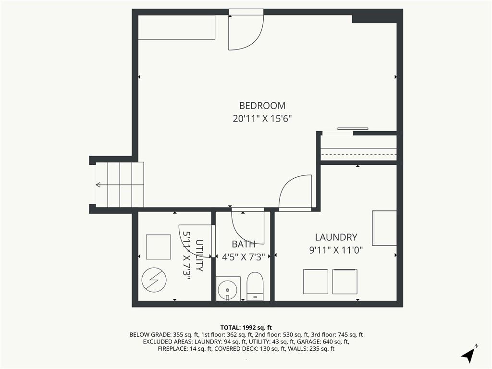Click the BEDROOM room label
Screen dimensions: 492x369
[262, 105]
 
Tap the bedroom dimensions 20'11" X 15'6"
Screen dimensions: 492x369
[262, 119]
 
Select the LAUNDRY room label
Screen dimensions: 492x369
[336, 237]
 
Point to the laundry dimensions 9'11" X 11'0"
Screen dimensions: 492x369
[336, 250]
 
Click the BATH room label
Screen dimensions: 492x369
[244, 244]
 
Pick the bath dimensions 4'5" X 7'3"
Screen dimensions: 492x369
[244, 257]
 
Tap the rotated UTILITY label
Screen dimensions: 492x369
[199, 256]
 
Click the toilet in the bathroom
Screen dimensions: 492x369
[255, 286]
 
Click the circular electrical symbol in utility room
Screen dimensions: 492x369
[154, 280]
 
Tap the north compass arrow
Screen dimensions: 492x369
[468, 354]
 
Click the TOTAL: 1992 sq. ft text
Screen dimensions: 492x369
[246, 328]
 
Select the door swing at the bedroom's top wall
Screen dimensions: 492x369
[246, 32]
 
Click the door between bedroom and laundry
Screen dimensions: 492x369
[295, 192]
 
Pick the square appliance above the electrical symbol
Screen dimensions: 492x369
[159, 247]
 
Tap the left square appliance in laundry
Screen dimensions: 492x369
[316, 282]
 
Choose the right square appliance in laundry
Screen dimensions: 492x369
[345, 282]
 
